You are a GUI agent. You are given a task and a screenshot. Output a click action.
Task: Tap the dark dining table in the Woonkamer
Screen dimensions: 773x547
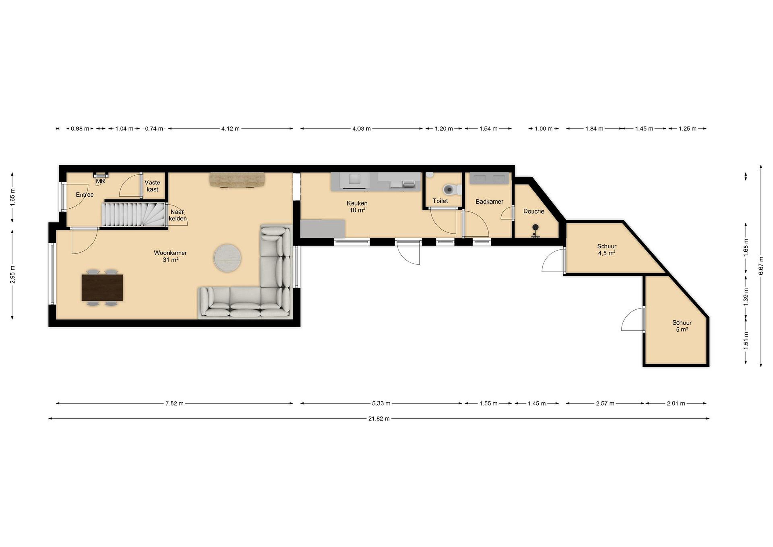[x=102, y=287]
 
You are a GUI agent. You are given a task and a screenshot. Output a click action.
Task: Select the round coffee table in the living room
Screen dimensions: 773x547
[x=228, y=258]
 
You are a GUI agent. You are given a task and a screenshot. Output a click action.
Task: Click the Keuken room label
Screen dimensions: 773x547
[x=357, y=207]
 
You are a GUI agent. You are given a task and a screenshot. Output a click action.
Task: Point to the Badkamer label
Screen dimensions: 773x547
[x=489, y=201]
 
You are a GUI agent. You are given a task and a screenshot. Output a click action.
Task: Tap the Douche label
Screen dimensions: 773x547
[x=534, y=211]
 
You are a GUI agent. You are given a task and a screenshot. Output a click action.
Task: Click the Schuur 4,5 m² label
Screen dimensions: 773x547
[x=607, y=249]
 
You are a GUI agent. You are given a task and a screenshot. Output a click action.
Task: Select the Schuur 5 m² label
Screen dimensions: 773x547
[x=682, y=326]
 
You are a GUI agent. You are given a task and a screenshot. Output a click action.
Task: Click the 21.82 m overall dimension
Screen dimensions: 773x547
[x=379, y=419]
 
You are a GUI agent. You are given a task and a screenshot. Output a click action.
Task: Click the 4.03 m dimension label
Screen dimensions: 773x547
[x=361, y=129]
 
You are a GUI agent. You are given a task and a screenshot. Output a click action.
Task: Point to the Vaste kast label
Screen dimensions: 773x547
[x=152, y=186]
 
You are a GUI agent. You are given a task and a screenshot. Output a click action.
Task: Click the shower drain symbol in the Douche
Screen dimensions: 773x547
[x=535, y=227]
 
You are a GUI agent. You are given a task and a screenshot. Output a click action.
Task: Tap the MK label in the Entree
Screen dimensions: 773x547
[x=101, y=182]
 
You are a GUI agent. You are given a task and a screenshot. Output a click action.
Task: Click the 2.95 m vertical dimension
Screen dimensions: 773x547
[x=12, y=274]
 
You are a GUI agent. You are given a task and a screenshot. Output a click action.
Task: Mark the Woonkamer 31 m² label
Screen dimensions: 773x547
[x=170, y=256]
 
